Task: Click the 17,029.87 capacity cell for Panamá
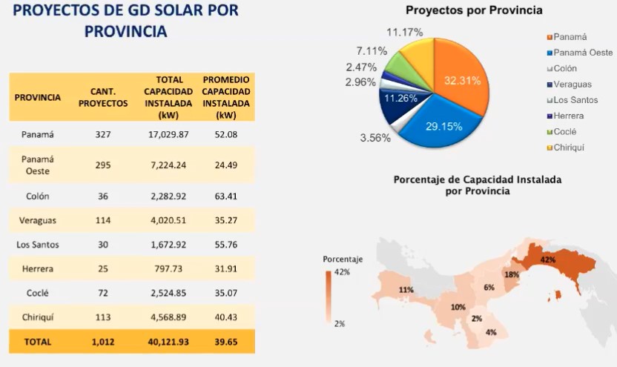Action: [x=169, y=135]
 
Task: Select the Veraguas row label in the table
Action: [x=37, y=219]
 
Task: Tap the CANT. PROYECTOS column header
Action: [x=103, y=97]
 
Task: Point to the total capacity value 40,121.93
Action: [x=169, y=343]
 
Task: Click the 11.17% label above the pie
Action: [x=405, y=32]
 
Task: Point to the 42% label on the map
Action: [x=548, y=260]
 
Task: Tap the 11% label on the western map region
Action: [x=406, y=290]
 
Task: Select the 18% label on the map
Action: [x=512, y=275]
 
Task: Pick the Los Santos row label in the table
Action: [x=37, y=244]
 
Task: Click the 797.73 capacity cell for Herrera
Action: [x=169, y=269]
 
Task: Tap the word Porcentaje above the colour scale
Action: [x=343, y=259]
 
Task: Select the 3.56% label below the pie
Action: [x=375, y=138]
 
